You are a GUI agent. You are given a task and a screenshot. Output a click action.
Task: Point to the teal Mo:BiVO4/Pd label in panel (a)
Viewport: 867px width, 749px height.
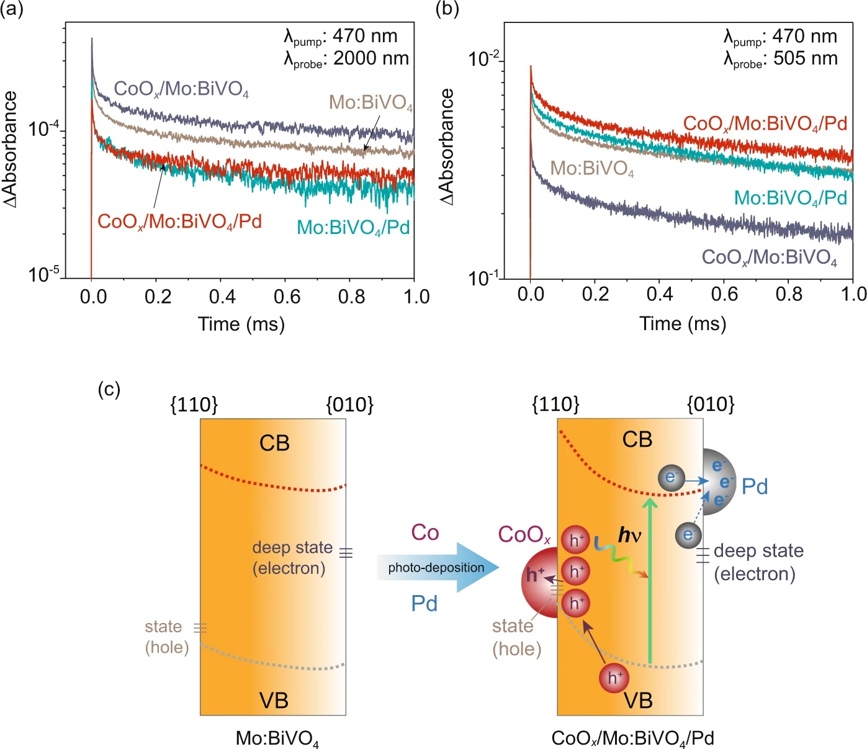pyautogui.click(x=353, y=228)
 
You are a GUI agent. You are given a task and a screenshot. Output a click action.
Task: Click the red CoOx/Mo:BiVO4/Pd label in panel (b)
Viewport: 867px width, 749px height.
pyautogui.click(x=765, y=124)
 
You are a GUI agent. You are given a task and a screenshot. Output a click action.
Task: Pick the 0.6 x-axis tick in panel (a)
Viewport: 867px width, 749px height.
pyautogui.click(x=287, y=297)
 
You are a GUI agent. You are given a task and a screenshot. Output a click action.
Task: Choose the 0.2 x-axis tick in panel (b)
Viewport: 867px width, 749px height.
pyautogui.click(x=595, y=294)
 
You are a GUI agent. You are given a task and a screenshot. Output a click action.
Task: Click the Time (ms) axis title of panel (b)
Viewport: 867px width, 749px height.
pyautogui.click(x=683, y=323)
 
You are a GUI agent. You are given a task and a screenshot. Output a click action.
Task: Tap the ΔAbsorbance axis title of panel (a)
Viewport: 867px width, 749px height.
pyautogui.click(x=11, y=149)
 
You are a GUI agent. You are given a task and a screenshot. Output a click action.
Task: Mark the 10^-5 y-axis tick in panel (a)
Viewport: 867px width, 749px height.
pyautogui.click(x=43, y=274)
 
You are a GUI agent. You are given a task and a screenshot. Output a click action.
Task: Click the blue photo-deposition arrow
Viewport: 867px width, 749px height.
pyautogui.click(x=438, y=567)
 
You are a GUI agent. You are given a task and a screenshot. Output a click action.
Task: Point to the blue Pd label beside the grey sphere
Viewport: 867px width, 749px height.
pyautogui.click(x=755, y=487)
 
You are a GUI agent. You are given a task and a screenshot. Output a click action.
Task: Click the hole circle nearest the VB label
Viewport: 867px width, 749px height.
pyautogui.click(x=614, y=678)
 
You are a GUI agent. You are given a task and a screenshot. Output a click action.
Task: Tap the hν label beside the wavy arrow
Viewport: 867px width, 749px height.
pyautogui.click(x=630, y=535)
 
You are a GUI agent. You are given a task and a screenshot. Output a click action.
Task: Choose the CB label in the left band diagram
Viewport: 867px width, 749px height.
pyautogui.click(x=274, y=443)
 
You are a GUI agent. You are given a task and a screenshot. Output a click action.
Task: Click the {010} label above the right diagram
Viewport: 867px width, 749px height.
pyautogui.click(x=711, y=405)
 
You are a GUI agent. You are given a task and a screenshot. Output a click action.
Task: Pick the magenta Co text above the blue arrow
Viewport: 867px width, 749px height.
pyautogui.click(x=425, y=532)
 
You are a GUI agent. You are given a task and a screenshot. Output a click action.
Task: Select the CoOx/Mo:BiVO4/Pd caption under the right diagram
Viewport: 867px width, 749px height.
pyautogui.click(x=632, y=738)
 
